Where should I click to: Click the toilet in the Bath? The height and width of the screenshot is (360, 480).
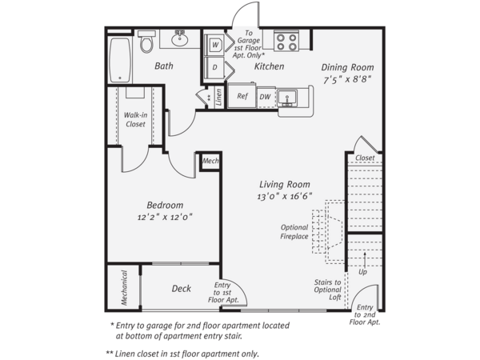point(146,41)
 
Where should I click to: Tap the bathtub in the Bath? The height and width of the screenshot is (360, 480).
point(120,60)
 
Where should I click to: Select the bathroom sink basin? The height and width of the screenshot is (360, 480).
point(180,39)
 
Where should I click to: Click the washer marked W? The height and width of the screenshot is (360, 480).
point(214,45)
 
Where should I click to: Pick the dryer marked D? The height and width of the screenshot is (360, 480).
point(214,67)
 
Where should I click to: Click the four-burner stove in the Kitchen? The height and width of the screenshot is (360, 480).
point(286,41)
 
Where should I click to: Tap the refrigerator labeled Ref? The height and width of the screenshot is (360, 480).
point(242,95)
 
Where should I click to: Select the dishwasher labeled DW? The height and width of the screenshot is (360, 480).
point(266,97)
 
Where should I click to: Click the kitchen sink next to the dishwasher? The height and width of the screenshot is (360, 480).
point(287,98)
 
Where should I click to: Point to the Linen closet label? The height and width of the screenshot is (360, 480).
point(218,97)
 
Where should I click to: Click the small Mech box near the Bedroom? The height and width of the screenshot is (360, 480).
point(210,161)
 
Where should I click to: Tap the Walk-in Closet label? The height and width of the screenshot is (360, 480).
point(135,119)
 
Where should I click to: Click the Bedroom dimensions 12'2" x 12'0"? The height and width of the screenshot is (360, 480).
point(165,217)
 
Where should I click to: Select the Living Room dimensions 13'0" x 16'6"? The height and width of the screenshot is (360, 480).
point(284,196)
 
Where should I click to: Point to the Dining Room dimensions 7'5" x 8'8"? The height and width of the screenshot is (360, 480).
point(347,79)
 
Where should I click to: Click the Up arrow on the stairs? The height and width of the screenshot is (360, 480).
point(365,260)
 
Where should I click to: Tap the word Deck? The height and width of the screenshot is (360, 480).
point(182,288)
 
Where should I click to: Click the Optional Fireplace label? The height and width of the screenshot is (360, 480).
point(294,232)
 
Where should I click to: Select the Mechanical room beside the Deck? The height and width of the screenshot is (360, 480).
point(124,287)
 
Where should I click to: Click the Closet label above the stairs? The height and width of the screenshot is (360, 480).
point(365,158)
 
